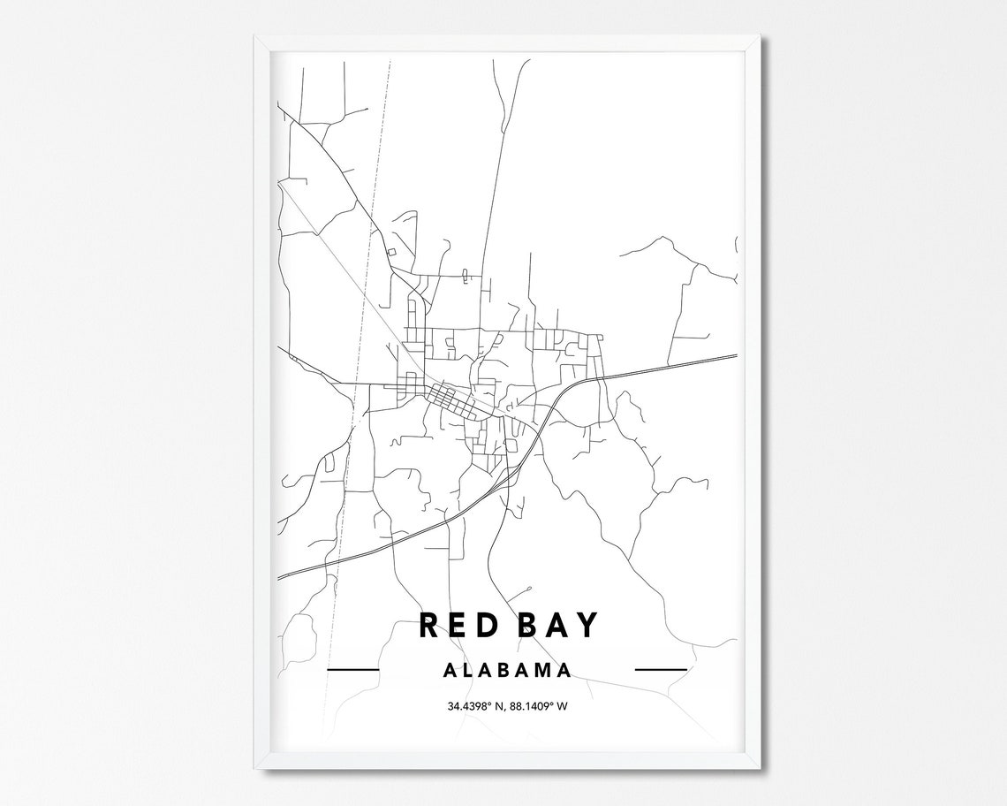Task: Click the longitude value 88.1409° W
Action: coord(540,705)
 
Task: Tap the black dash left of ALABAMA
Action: coord(352,670)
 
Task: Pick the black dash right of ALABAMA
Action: coord(661,670)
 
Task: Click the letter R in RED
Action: coord(428,625)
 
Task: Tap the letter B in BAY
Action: coord(526,625)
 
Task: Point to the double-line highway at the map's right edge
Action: coord(707,360)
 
